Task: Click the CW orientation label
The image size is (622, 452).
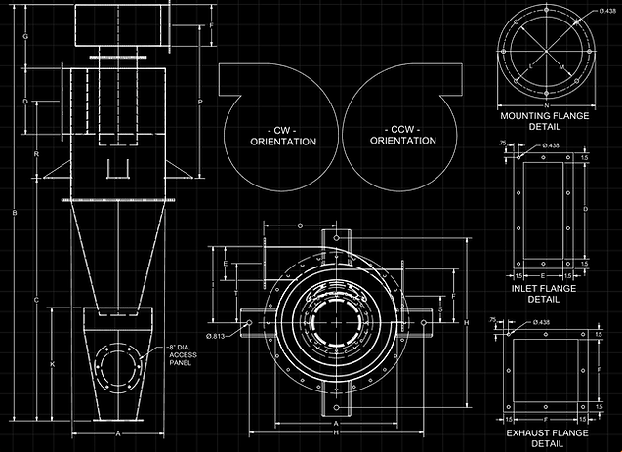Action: pyautogui.click(x=283, y=136)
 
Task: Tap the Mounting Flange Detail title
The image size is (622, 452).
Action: pyautogui.click(x=544, y=121)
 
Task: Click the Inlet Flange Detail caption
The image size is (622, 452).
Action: pyautogui.click(x=544, y=294)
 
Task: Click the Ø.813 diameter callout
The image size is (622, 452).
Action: pyautogui.click(x=216, y=338)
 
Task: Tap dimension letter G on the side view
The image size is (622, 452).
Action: pyautogui.click(x=25, y=36)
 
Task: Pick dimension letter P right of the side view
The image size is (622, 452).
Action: pyautogui.click(x=199, y=102)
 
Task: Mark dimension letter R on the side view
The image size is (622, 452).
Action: pyautogui.click(x=36, y=154)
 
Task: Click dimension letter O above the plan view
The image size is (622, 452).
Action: pyautogui.click(x=300, y=226)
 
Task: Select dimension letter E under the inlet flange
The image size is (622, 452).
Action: pyautogui.click(x=544, y=277)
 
